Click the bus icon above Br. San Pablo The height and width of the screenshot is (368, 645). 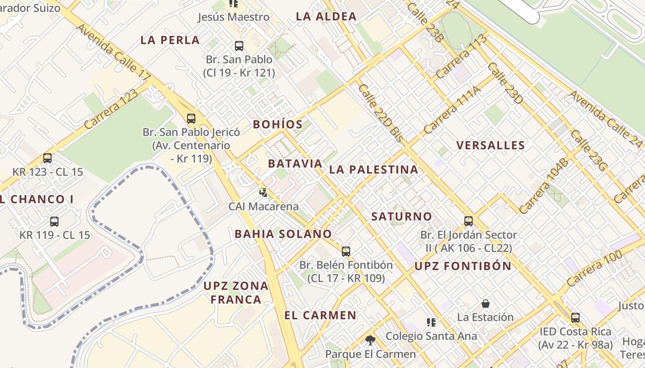[x=239, y=46]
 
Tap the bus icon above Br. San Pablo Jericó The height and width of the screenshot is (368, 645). [x=191, y=119]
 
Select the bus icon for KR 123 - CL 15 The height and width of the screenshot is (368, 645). [x=47, y=158]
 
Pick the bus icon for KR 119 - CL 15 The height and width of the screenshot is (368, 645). [x=54, y=222]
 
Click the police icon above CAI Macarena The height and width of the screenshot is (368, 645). [x=263, y=193]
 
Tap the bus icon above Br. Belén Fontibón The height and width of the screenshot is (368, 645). [x=346, y=252]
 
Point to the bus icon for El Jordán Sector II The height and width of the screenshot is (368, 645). [x=469, y=221]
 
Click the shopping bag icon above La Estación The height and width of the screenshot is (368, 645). [x=485, y=304]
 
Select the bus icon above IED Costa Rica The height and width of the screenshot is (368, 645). [x=575, y=318]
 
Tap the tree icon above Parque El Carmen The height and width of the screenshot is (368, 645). [x=369, y=340]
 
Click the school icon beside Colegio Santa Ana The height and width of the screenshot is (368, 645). [x=431, y=322]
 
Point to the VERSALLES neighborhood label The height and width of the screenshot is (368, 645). [x=491, y=146]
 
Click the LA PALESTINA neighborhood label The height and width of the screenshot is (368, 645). [x=374, y=170]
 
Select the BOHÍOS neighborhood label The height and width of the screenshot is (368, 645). [x=278, y=124]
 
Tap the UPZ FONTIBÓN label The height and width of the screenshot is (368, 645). [x=463, y=266]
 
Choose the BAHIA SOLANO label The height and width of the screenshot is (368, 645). [x=283, y=234]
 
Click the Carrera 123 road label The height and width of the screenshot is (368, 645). [x=111, y=109]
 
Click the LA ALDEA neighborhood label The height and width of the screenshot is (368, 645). [x=326, y=17]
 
